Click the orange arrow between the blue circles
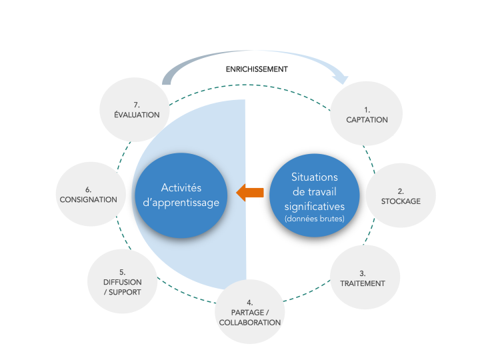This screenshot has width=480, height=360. (x=250, y=193)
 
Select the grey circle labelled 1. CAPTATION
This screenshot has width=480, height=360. (x=367, y=114)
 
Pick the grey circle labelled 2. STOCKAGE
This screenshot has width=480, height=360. (x=401, y=195)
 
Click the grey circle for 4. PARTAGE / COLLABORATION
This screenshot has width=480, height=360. (x=249, y=312)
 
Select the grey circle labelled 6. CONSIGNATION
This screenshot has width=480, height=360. (x=89, y=195)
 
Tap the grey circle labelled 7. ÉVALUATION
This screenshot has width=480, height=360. (x=136, y=109)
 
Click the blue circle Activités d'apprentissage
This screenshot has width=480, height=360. (x=181, y=196)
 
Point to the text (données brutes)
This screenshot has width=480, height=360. (x=315, y=219)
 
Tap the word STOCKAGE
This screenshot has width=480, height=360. (x=401, y=201)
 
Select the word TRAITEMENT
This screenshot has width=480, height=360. (x=363, y=283)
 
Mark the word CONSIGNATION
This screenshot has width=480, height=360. (x=89, y=199)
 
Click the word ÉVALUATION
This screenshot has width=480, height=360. (x=137, y=115)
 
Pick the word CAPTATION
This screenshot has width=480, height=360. (x=367, y=120)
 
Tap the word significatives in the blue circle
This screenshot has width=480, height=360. (x=315, y=205)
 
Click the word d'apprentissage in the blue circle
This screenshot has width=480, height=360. (x=181, y=203)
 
